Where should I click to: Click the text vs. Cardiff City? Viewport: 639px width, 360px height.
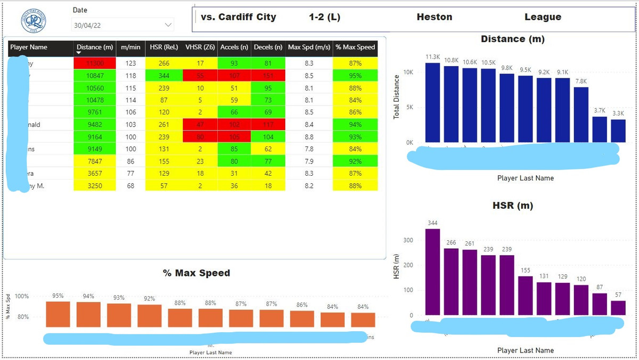click(x=239, y=17)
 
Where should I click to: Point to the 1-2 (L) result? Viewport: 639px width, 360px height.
click(x=324, y=17)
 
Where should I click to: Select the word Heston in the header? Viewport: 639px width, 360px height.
click(x=435, y=17)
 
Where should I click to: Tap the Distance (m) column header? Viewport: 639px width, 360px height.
click(x=95, y=47)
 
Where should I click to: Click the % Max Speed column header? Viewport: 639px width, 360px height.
click(x=355, y=47)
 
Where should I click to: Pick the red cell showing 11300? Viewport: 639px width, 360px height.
click(x=95, y=63)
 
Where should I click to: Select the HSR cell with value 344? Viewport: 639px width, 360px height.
click(x=163, y=76)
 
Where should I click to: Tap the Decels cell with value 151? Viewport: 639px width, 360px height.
click(x=268, y=76)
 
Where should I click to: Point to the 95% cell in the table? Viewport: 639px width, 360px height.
click(x=355, y=76)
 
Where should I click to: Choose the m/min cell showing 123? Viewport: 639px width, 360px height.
click(x=130, y=63)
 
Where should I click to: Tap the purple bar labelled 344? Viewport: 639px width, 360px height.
click(x=432, y=272)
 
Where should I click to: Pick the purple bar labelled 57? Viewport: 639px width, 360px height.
click(x=618, y=308)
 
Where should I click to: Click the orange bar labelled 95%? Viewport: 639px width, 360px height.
click(x=58, y=314)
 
